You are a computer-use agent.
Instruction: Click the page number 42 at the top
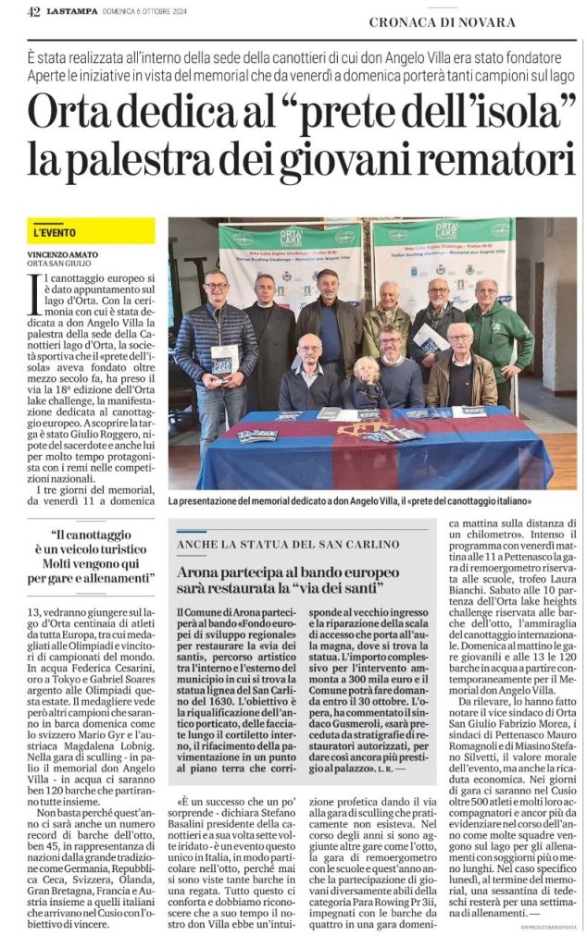coord(34,11)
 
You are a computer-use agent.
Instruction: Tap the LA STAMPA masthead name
coord(74,11)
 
